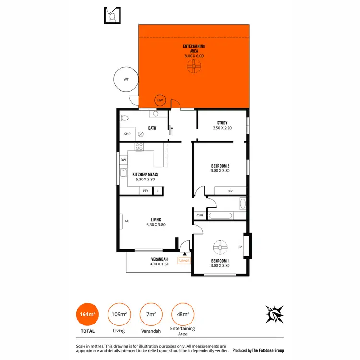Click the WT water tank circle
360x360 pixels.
(x=126, y=80)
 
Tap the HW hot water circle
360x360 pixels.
(x=160, y=101)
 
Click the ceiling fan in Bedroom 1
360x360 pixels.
(x=220, y=248)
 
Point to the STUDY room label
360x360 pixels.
(x=222, y=123)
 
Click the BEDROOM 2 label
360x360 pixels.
(x=220, y=166)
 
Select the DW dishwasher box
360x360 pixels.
(x=123, y=160)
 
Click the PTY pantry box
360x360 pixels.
(x=145, y=191)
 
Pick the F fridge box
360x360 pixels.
(x=157, y=191)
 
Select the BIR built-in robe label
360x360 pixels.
(x=230, y=191)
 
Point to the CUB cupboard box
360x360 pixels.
(x=200, y=216)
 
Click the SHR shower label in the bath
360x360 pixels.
(x=127, y=134)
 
